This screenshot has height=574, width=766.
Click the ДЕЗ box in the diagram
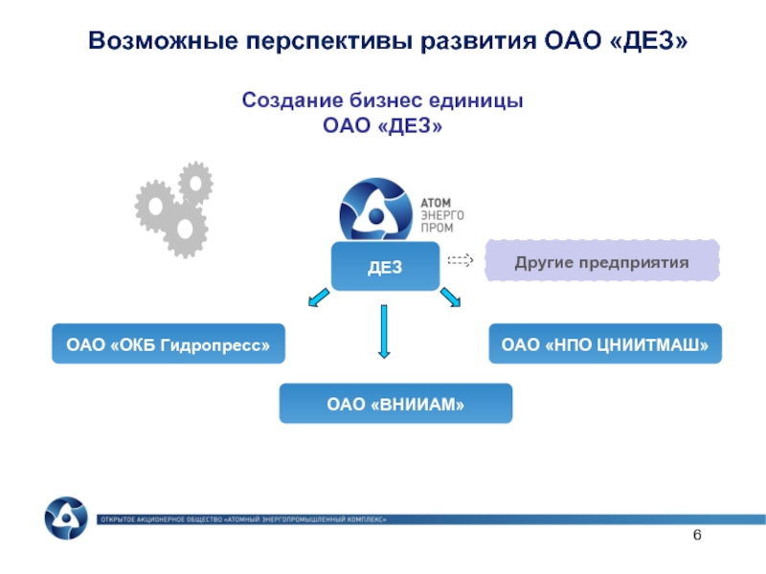[x=385, y=265]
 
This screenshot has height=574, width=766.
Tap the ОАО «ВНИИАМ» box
[x=395, y=404]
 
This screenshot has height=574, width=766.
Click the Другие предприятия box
[x=601, y=260]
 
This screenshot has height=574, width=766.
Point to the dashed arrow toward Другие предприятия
[x=461, y=259]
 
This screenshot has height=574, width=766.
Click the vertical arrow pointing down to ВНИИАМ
[x=384, y=331]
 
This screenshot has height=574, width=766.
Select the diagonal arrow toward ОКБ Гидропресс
[x=314, y=300]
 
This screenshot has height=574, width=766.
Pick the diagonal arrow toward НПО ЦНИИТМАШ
[x=450, y=299]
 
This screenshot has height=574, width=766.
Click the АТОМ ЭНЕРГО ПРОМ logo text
[x=441, y=216]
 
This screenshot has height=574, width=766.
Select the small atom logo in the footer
[x=66, y=518]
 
